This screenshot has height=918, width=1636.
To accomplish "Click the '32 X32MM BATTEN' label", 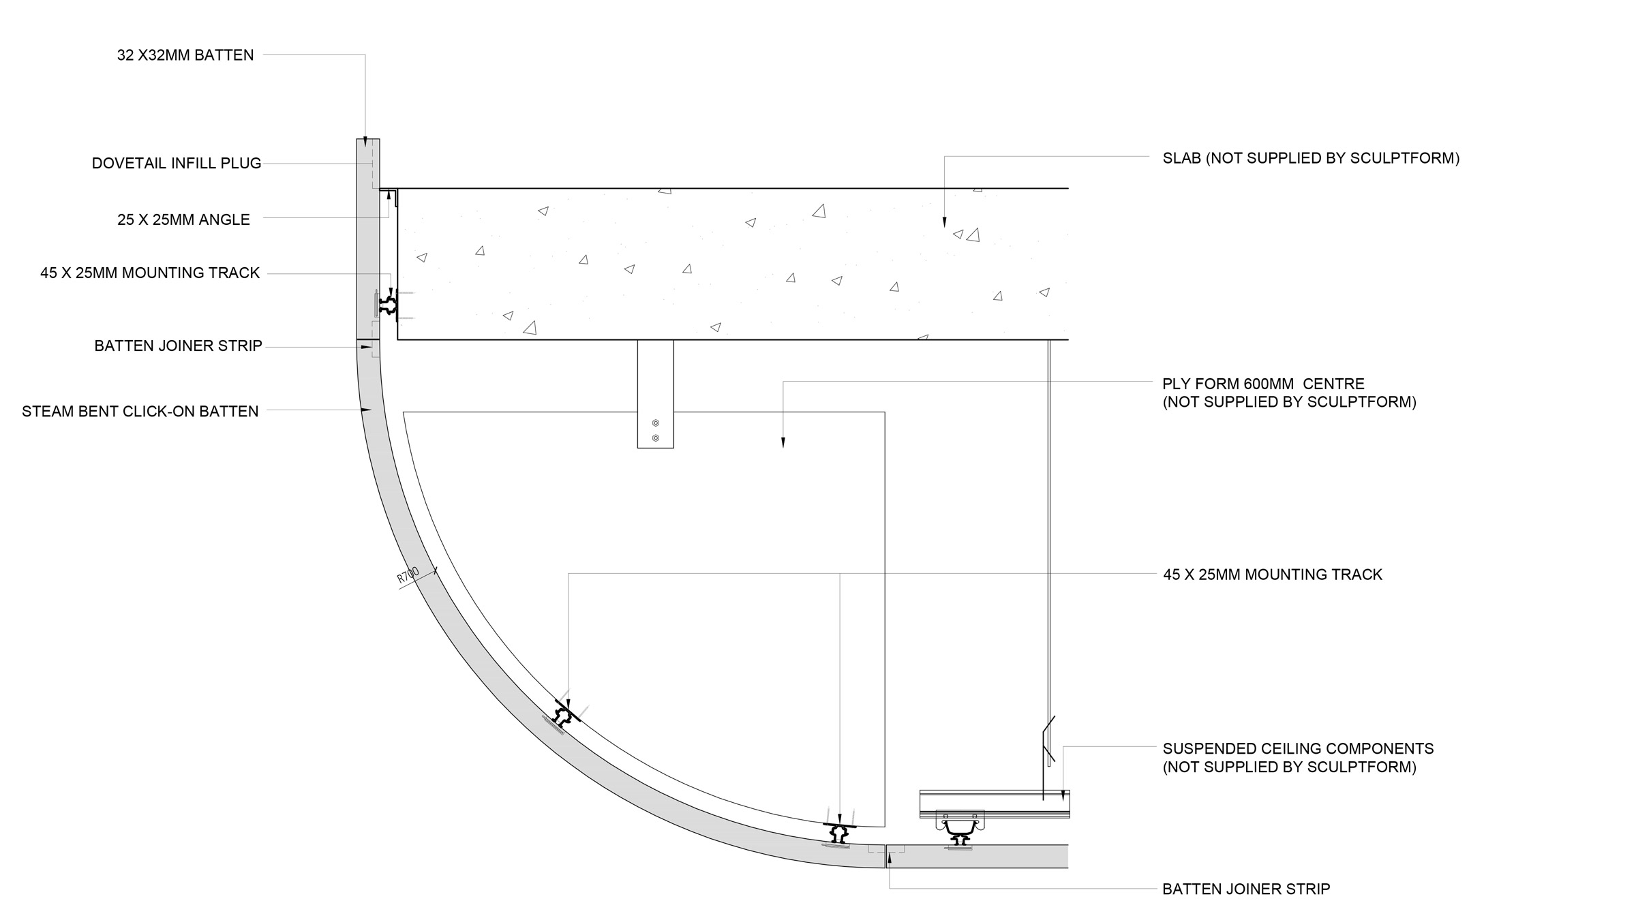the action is coord(185,55).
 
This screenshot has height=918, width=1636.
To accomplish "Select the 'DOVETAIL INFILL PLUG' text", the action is coord(177,164).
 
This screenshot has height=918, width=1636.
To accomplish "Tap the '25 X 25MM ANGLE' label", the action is coord(183,219).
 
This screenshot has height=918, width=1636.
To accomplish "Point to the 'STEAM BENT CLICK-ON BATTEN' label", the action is coord(140,412).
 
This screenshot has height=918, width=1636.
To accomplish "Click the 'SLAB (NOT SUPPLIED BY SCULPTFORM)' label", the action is coord(1311,158).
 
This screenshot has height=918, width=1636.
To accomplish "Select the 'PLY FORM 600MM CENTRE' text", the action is coord(1263,384).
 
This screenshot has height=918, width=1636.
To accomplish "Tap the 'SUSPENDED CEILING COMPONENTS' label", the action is coord(1298,748).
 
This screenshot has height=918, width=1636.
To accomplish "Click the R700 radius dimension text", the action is coord(408,575).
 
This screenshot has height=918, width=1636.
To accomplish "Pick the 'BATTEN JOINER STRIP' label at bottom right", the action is coord(1246,889).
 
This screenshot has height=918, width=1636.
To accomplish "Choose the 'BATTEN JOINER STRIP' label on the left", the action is coord(178,346).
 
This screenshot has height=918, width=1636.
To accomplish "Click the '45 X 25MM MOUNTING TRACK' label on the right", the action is coord(1272,575).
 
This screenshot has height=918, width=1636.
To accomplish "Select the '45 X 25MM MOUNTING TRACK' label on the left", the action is coord(150,273).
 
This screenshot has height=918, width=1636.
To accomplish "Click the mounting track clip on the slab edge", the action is coord(389,303).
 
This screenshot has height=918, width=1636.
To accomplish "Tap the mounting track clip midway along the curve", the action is coord(564,716).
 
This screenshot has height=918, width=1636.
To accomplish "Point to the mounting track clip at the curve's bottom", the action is coord(839,832).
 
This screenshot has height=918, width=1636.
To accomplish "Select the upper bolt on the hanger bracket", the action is coord(656,423).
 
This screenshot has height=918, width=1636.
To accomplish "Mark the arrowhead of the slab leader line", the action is coord(944,221).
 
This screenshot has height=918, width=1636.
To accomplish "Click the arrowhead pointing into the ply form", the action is coord(783,442).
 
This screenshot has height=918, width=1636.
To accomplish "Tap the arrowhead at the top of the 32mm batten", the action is coord(365,142).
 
